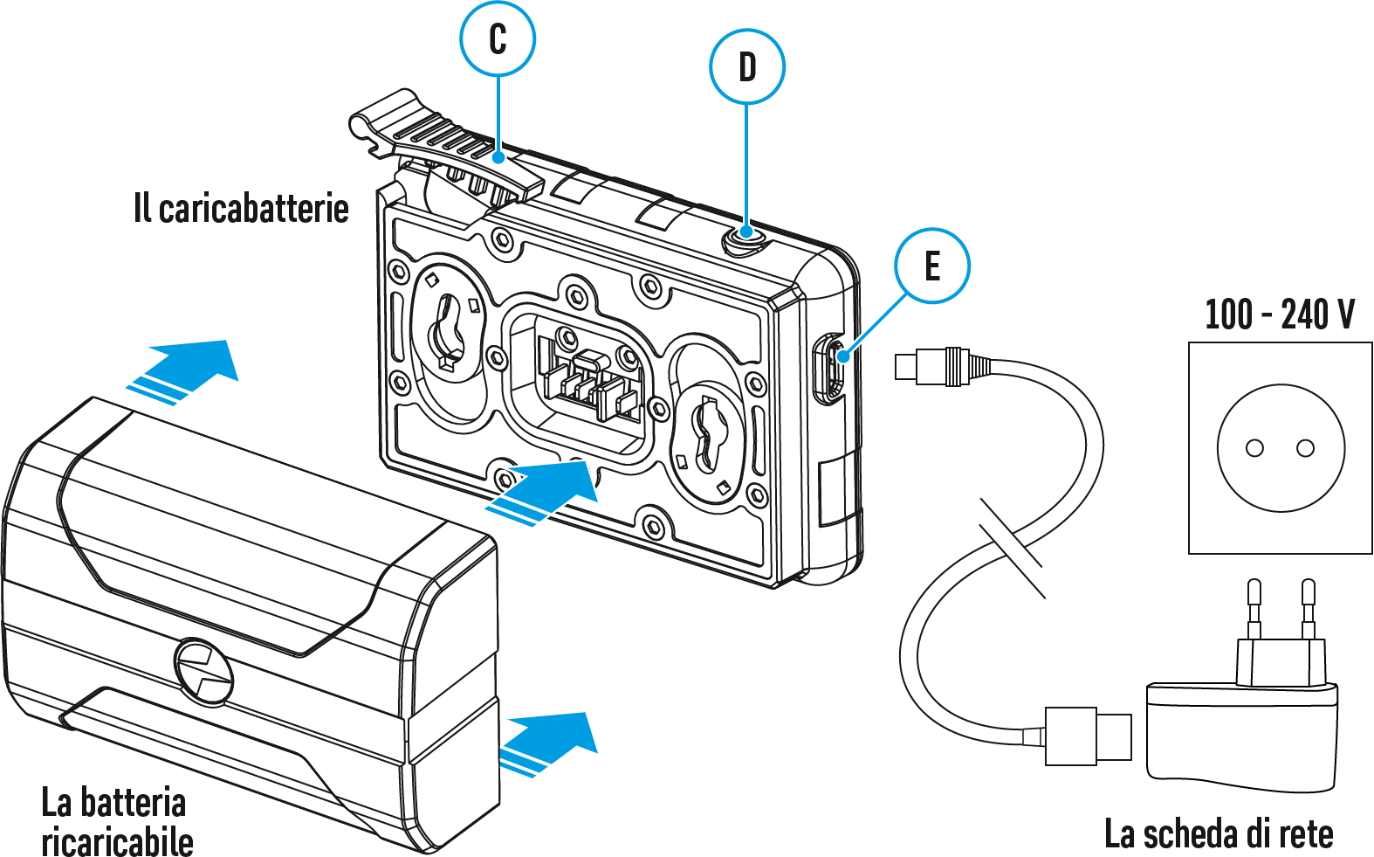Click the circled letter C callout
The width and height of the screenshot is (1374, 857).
point(498,39)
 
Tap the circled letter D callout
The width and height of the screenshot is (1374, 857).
point(747,67)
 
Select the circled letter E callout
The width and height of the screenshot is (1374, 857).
point(932,266)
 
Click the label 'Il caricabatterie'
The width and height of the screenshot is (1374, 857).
point(241,209)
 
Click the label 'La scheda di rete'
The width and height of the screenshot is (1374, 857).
point(1219,833)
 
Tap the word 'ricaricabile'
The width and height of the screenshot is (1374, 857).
point(118,840)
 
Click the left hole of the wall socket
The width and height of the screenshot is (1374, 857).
point(1254,448)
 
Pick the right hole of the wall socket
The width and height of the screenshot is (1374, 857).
point(1306,448)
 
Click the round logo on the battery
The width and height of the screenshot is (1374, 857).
point(204,671)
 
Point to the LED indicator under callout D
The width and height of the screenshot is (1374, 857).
point(745,234)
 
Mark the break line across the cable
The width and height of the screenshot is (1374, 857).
point(1013,548)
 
